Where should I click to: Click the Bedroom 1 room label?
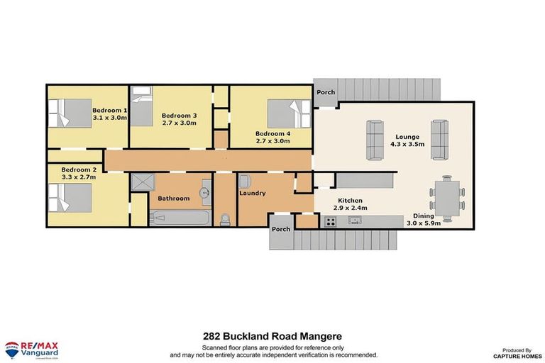tap(109, 111)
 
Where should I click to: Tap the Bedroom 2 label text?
tap(78, 170)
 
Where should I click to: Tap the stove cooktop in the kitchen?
tap(330, 222)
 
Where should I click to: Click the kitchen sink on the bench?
tap(353, 221)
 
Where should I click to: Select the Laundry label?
tap(252, 193)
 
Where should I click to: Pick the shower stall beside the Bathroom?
tap(144, 182)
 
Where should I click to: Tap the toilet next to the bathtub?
tap(226, 218)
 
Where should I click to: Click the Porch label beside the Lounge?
tap(326, 92)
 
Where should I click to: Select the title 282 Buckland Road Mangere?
tap(272, 340)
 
